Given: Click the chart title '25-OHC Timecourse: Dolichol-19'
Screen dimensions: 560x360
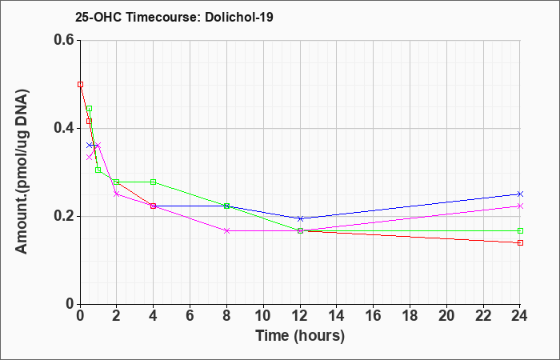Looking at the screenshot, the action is [174, 17].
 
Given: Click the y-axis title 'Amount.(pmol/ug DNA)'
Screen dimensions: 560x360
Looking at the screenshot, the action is [22, 171].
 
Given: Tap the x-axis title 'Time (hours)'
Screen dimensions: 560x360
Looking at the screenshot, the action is [300, 336].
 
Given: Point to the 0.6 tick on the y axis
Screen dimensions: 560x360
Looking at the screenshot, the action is [66, 40].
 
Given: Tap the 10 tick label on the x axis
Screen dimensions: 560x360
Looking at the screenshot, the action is [263, 316].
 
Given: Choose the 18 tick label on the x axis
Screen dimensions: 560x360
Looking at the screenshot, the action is [410, 316].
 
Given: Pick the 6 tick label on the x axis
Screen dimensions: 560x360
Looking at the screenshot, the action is [190, 316].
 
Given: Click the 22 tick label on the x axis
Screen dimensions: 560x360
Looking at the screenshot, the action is [483, 316].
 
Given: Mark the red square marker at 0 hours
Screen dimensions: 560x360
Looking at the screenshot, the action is [80, 84].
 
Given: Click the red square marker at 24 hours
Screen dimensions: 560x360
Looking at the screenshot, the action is [520, 243].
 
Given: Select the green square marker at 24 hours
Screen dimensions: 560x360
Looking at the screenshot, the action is [520, 230].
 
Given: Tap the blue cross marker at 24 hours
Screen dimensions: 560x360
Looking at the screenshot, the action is [520, 194].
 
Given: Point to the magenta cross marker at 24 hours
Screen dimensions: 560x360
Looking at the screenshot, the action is [520, 206].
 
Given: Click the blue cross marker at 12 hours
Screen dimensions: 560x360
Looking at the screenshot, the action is [300, 218].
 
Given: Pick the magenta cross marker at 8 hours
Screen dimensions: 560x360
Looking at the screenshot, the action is [226, 230].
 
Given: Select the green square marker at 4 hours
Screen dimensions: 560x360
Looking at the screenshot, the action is [154, 182].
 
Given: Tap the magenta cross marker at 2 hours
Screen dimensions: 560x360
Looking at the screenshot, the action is [117, 194].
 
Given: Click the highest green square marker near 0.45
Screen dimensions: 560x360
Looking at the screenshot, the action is [90, 109].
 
